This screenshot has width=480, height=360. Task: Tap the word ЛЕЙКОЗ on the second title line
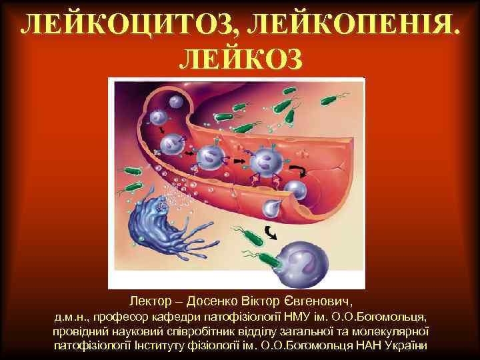tap(241, 59)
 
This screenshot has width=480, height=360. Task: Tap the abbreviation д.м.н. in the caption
tap(71, 315)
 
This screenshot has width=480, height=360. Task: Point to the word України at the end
tap(407, 346)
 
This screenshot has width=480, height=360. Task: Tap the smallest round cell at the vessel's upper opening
tap(175, 102)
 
